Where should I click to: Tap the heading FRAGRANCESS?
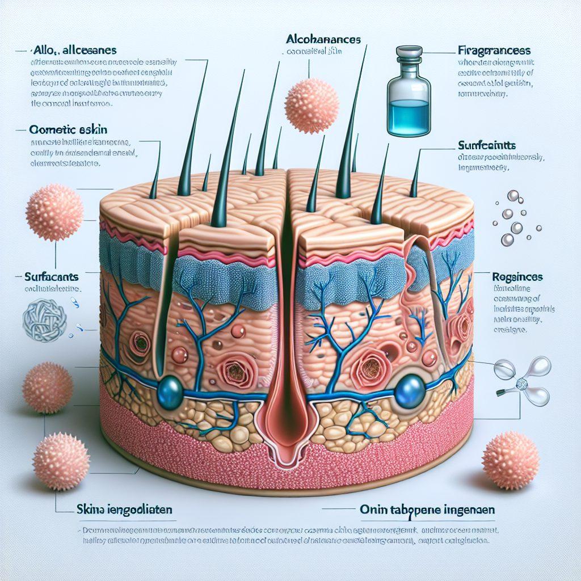[x=493, y=49]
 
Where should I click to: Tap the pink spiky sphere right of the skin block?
[x=510, y=459]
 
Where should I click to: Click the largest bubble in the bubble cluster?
[x=516, y=229]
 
